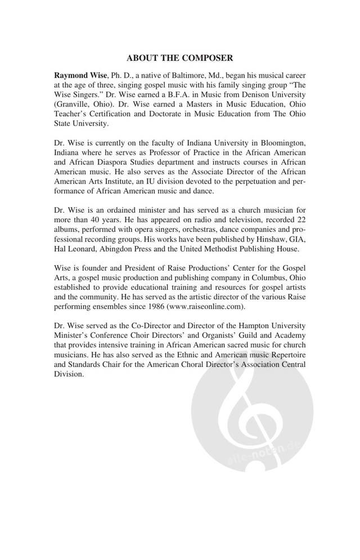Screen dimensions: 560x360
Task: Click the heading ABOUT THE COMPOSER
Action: click(180, 57)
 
